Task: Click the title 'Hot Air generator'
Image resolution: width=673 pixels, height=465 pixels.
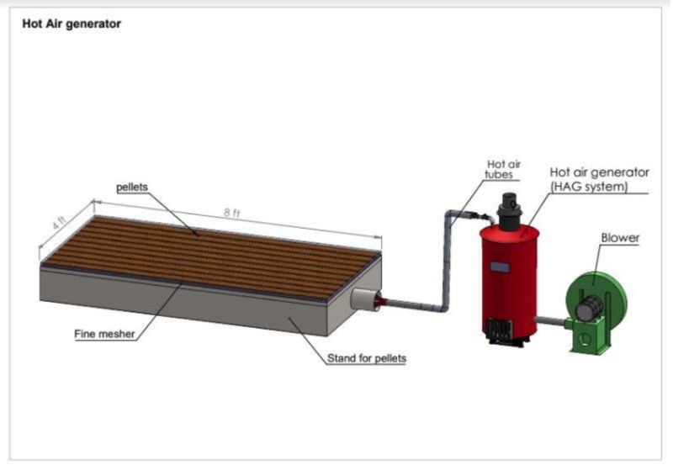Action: click(72, 24)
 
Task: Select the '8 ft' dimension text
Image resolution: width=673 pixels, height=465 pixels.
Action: click(231, 214)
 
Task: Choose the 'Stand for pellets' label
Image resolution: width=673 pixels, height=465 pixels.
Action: click(367, 359)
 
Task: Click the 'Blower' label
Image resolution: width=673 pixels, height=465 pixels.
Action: click(620, 238)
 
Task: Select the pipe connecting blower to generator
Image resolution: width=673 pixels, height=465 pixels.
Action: click(552, 320)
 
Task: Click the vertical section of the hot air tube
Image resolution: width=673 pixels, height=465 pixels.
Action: click(444, 261)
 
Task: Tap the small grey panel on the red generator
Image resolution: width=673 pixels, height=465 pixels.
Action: click(501, 267)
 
